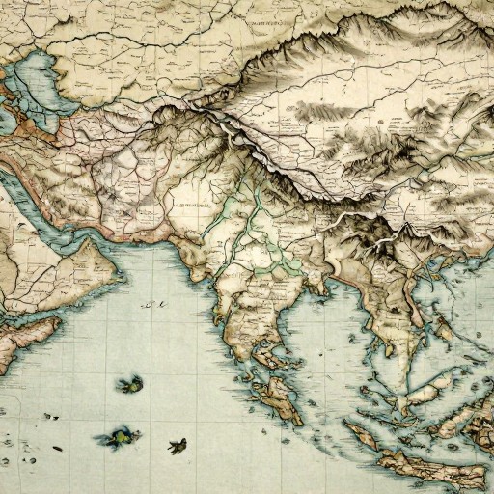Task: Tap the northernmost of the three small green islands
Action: point(127,385)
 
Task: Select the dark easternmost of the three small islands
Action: point(177,446)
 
